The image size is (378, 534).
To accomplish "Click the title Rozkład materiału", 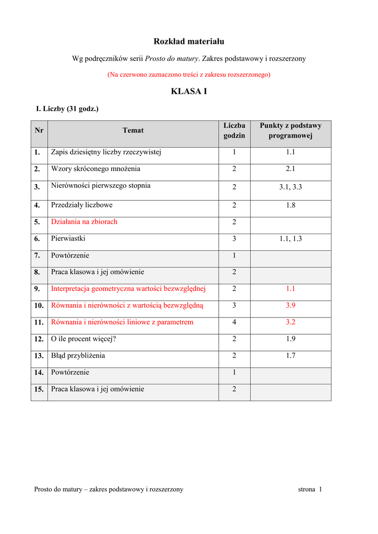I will coord(188,41).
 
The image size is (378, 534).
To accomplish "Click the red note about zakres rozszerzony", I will coord(188,75).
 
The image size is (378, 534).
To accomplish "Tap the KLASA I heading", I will coord(188,91).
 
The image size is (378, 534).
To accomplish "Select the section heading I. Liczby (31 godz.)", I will coord(67,108).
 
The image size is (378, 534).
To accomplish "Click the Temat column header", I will coord(133,130).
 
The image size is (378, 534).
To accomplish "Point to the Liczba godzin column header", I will coord(234,130).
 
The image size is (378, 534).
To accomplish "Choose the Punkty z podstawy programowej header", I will coord(290,130).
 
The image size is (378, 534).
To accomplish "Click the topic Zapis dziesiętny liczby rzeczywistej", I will coord(106,152).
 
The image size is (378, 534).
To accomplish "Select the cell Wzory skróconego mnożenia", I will coord(96,169).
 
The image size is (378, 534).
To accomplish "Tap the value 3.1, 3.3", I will coord(290,187).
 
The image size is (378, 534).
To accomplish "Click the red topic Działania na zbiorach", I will coord(84,222).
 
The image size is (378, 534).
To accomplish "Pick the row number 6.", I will coord(37,239).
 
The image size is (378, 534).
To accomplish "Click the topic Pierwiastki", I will coord(68,238).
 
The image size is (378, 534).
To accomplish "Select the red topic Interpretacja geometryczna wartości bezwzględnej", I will coord(128,288).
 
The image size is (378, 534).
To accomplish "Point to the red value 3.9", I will coord(290,305).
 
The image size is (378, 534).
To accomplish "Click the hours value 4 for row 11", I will coord(234,322).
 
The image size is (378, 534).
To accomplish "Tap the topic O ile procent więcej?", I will coord(84,339).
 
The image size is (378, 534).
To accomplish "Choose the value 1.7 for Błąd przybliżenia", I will coord(290,356).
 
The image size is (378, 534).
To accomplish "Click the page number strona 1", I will coord(310,489).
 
